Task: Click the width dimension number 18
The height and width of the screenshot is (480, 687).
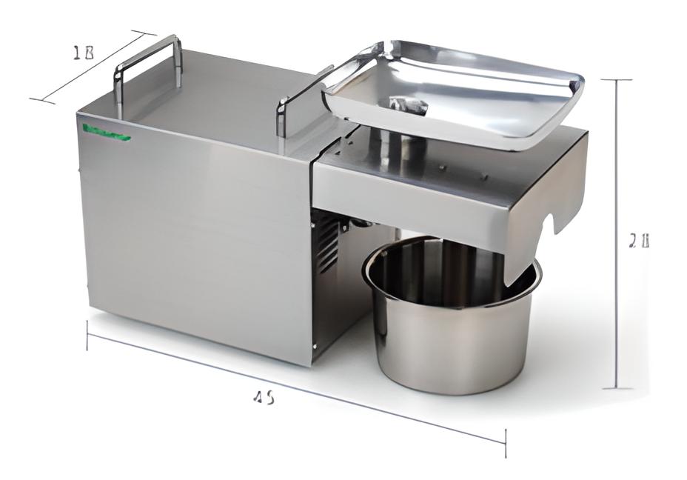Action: pos(83,53)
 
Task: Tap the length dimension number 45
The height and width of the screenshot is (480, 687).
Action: pos(264,398)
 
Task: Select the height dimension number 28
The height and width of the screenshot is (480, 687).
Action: pos(638,241)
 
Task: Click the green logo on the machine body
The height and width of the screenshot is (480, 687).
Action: pos(107,133)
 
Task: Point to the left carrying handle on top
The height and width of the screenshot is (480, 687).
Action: pos(147,63)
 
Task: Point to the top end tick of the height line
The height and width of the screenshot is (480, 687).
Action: pos(616,79)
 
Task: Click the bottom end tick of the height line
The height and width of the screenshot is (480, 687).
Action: pos(616,388)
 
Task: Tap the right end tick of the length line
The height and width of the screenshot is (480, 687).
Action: pos(506,442)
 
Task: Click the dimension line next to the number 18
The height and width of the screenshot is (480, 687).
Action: pos(93,67)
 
